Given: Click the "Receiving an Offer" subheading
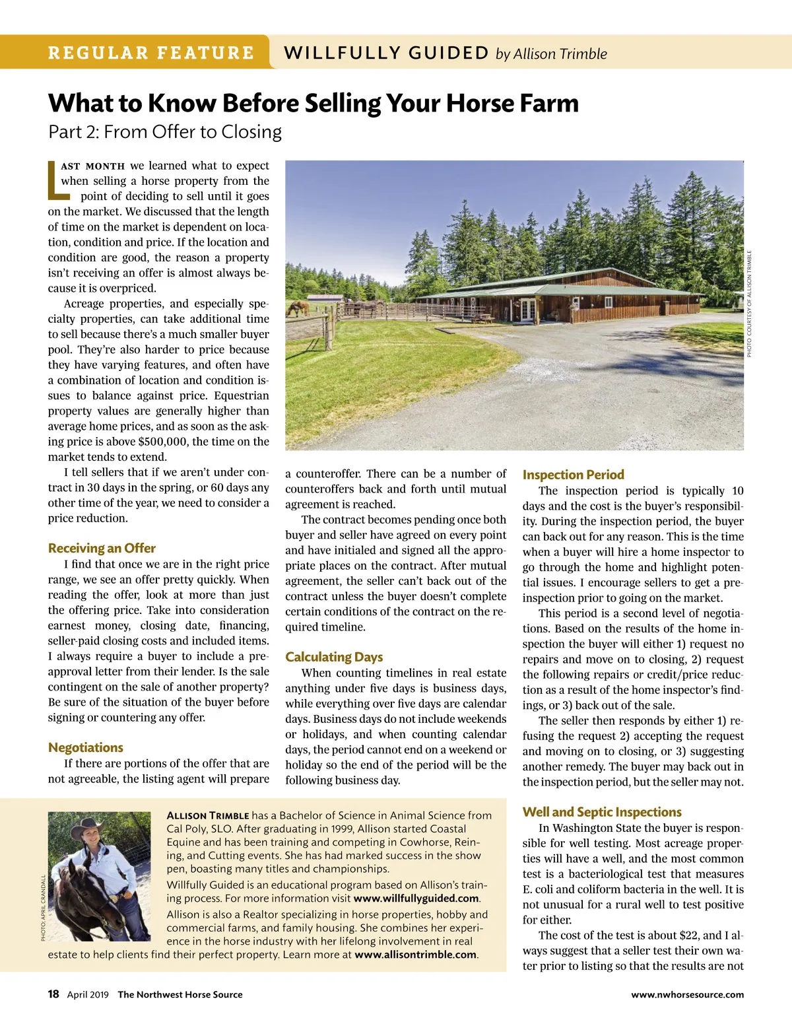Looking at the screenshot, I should (x=102, y=548).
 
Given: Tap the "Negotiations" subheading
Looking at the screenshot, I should (x=86, y=747).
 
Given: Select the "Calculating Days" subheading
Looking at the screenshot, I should (x=334, y=657).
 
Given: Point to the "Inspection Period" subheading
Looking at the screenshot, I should (x=573, y=475).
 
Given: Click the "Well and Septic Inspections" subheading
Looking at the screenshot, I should (x=602, y=812).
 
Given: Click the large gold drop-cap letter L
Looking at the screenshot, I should (x=57, y=180).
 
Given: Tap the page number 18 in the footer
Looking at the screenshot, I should (x=53, y=994).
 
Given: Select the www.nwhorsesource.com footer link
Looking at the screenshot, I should (x=687, y=995).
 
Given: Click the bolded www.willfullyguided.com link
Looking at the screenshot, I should (x=416, y=899).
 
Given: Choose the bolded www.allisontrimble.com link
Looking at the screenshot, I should (x=415, y=955).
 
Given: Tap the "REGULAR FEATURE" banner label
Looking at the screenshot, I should (x=151, y=53).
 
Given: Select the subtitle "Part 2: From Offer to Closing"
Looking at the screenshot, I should (x=165, y=132).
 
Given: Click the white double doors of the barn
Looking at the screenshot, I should (x=527, y=310).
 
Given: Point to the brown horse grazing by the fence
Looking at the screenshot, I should (x=298, y=308).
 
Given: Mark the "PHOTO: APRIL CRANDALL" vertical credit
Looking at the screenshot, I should (x=44, y=908).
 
